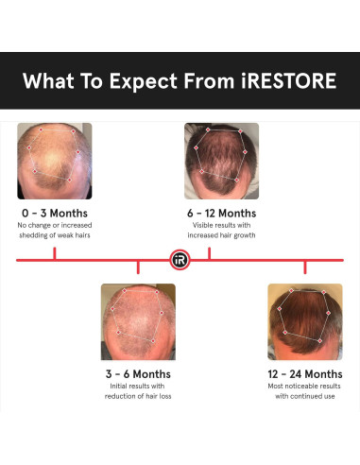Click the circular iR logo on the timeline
click(x=180, y=259)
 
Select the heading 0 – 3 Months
click(x=53, y=213)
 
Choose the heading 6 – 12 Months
click(x=221, y=213)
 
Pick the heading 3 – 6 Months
click(x=138, y=373)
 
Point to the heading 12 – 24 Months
click(x=304, y=373)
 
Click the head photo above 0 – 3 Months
click(x=54, y=159)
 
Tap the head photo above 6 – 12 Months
click(x=221, y=159)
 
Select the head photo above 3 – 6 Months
click(x=138, y=320)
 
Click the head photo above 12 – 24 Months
click(x=304, y=320)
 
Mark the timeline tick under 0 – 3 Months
click(x=54, y=252)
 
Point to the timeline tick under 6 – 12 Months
click(x=209, y=252)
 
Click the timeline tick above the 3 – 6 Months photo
click(x=138, y=267)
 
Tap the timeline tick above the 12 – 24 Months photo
click(x=304, y=267)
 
